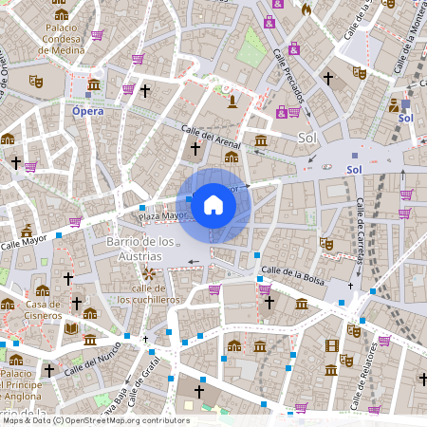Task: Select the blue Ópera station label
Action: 88,111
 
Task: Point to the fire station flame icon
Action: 306,9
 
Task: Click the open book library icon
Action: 71,328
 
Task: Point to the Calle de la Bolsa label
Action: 293,274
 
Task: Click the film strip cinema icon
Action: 331,345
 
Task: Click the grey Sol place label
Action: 306,138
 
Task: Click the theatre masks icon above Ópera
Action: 36,82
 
